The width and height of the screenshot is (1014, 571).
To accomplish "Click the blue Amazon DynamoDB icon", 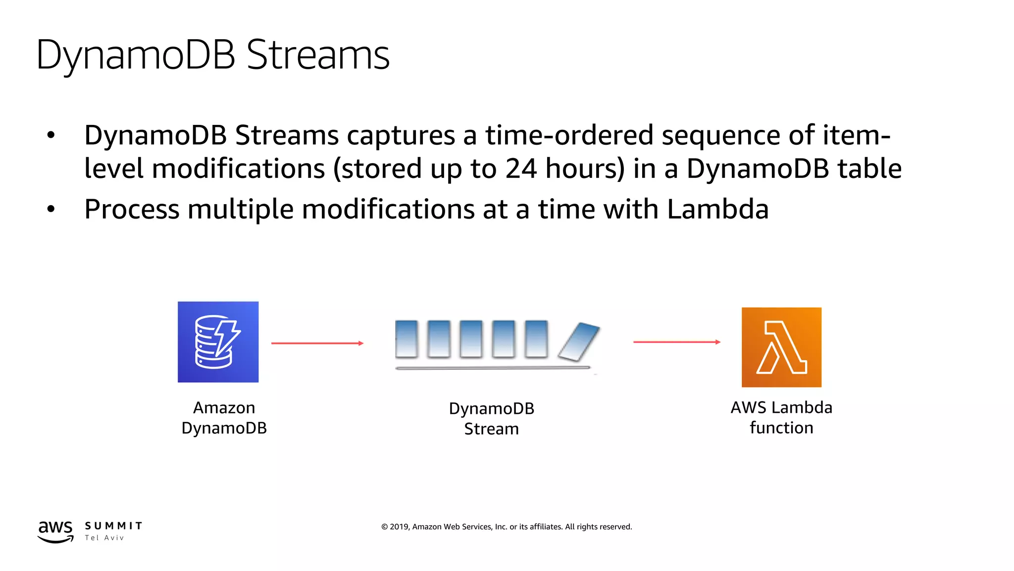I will [x=218, y=342].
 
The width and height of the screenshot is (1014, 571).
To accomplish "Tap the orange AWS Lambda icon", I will [x=781, y=347].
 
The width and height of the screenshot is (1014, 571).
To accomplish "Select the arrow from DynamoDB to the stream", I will [x=317, y=343].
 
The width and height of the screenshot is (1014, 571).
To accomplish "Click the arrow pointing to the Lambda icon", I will [x=676, y=342].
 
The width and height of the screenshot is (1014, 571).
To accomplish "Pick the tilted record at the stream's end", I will [x=579, y=342].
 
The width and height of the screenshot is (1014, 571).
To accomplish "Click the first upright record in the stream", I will [x=406, y=339].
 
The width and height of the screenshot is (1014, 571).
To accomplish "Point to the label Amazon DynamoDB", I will [x=224, y=418].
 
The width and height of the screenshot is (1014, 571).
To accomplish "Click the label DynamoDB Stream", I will [x=491, y=419].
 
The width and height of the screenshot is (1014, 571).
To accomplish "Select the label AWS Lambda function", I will [x=781, y=417].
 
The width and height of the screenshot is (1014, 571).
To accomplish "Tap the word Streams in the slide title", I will [x=318, y=55].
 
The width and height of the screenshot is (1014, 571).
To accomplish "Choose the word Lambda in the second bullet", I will [x=717, y=209].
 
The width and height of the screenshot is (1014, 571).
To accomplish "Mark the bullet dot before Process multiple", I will [x=51, y=210].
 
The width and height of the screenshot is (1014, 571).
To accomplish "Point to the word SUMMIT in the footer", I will [x=113, y=526].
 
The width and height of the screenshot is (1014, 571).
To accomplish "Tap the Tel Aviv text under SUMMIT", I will [x=104, y=538].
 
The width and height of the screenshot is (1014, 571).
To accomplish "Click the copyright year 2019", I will [x=399, y=527].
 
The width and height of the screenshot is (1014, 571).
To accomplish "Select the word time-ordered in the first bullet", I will [x=569, y=135].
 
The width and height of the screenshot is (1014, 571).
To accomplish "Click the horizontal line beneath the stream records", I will [x=493, y=368].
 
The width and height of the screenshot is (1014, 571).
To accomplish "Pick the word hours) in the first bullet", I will [x=585, y=169].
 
